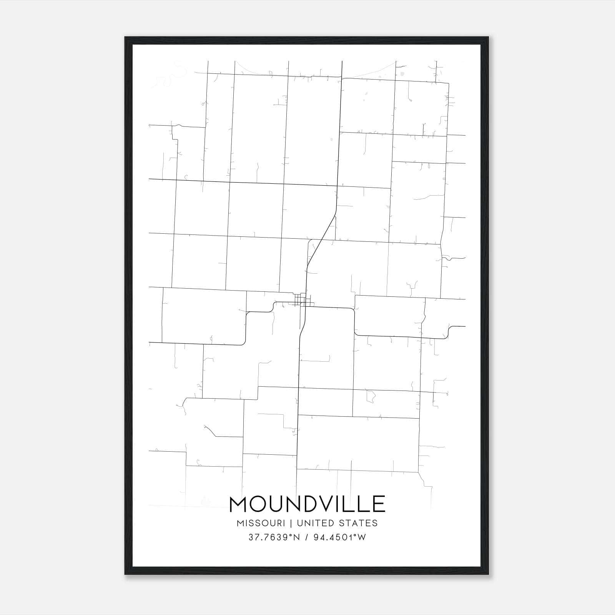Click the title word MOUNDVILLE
pos(307,504)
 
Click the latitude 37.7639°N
pos(274,537)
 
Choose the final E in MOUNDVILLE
pos(379,504)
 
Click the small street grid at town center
pos(301,300)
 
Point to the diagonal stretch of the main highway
pos(321,240)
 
